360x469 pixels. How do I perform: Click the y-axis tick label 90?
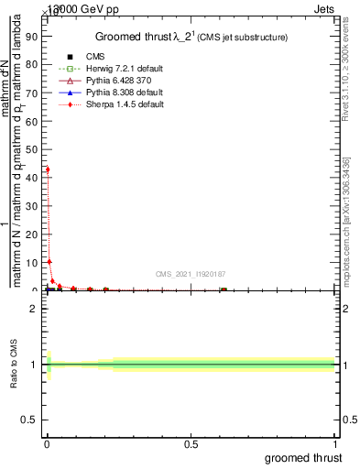tap(28, 37)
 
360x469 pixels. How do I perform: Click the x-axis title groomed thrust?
tap(304, 458)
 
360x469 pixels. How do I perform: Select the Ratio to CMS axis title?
tap(15, 365)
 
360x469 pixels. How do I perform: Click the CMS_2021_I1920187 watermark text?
tap(190, 273)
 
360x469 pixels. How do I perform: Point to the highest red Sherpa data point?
tap(48, 169)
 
